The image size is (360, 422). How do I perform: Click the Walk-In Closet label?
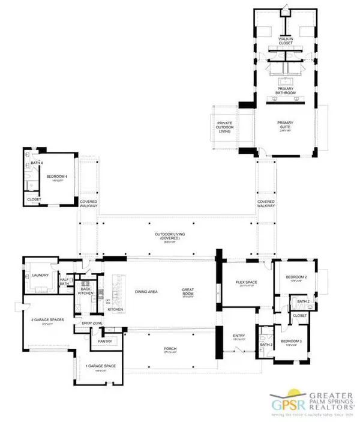pyautogui.click(x=285, y=41)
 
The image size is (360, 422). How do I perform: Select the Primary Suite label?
pyautogui.click(x=285, y=125)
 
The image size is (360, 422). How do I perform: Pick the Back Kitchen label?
pyautogui.click(x=85, y=291)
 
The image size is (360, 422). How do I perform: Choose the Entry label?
pyautogui.click(x=239, y=336)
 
